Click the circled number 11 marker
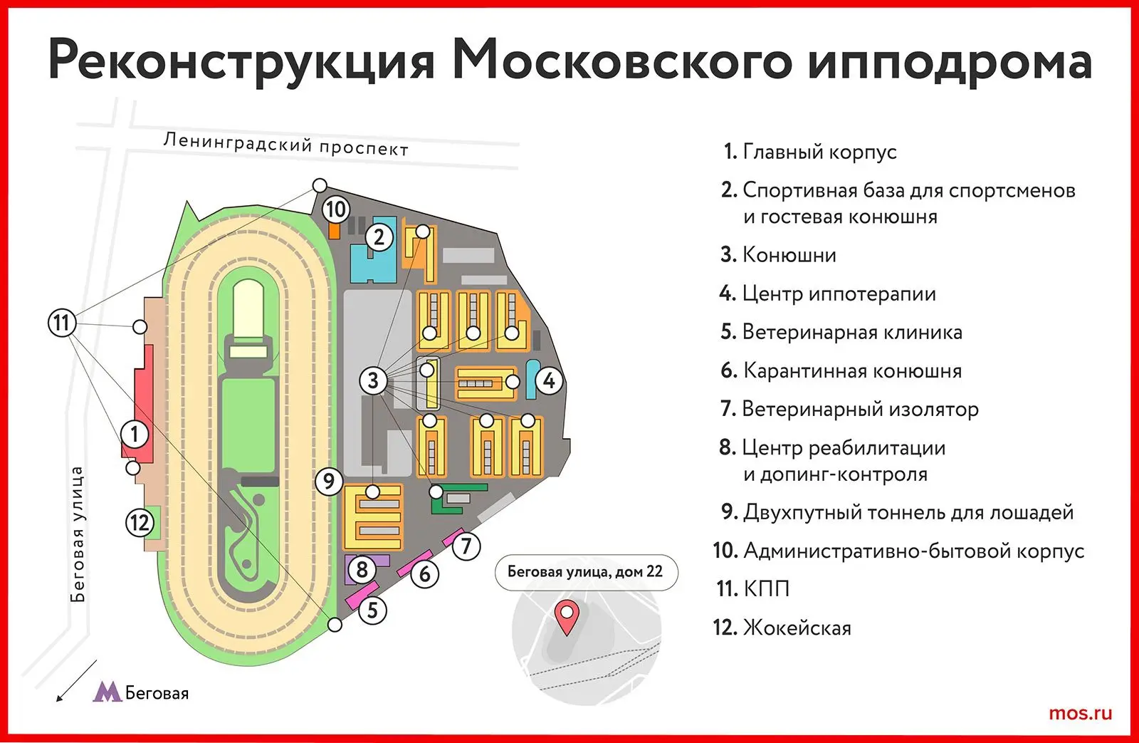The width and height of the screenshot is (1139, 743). coord(62,323)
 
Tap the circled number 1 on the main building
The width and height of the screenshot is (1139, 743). coord(135,435)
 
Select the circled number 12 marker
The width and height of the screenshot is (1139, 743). coord(140,523)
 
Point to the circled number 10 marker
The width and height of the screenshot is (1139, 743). coord(335,209)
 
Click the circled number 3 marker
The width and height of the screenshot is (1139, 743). coord(373,380)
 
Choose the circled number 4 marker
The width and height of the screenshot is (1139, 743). coord(549,380)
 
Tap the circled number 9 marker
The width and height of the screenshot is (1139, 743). coord(329,481)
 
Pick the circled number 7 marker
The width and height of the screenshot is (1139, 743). coord(466,546)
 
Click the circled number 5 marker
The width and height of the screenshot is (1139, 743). coord(373,610)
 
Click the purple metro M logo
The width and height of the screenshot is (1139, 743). coord(107,692)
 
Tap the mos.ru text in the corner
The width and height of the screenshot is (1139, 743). coord(1080,713)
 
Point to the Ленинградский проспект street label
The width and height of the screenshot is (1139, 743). coord(285,145)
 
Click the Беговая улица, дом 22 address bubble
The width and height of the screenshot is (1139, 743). coord(586,572)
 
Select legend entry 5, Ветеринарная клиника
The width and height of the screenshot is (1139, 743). coord(841,332)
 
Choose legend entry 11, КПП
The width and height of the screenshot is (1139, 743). coord(753,589)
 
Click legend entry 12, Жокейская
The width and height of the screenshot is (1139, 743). coord(782,628)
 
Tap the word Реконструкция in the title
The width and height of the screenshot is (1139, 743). coord(242,62)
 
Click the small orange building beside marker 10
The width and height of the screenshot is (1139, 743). coord(334,231)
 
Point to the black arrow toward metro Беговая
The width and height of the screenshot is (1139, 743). coord(76,681)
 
